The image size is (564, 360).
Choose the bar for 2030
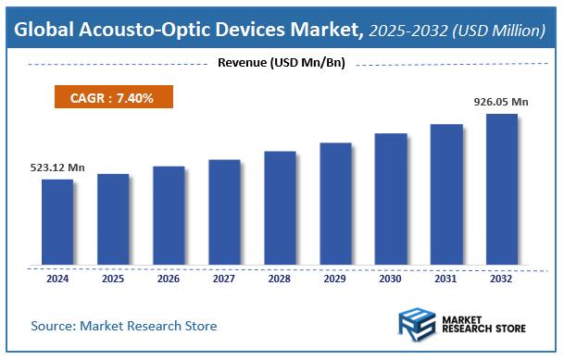[391, 199]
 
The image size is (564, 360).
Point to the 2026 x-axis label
[169, 278]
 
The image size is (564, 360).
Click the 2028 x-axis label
[280, 278]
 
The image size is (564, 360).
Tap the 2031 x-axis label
[446, 278]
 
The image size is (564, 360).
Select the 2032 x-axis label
[502, 278]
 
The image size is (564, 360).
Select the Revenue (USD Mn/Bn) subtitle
[281, 63]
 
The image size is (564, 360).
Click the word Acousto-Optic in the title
[153, 30]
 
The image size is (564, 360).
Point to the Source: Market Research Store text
[124, 326]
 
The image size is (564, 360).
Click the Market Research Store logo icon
[419, 327]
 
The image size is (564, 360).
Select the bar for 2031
[446, 194]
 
